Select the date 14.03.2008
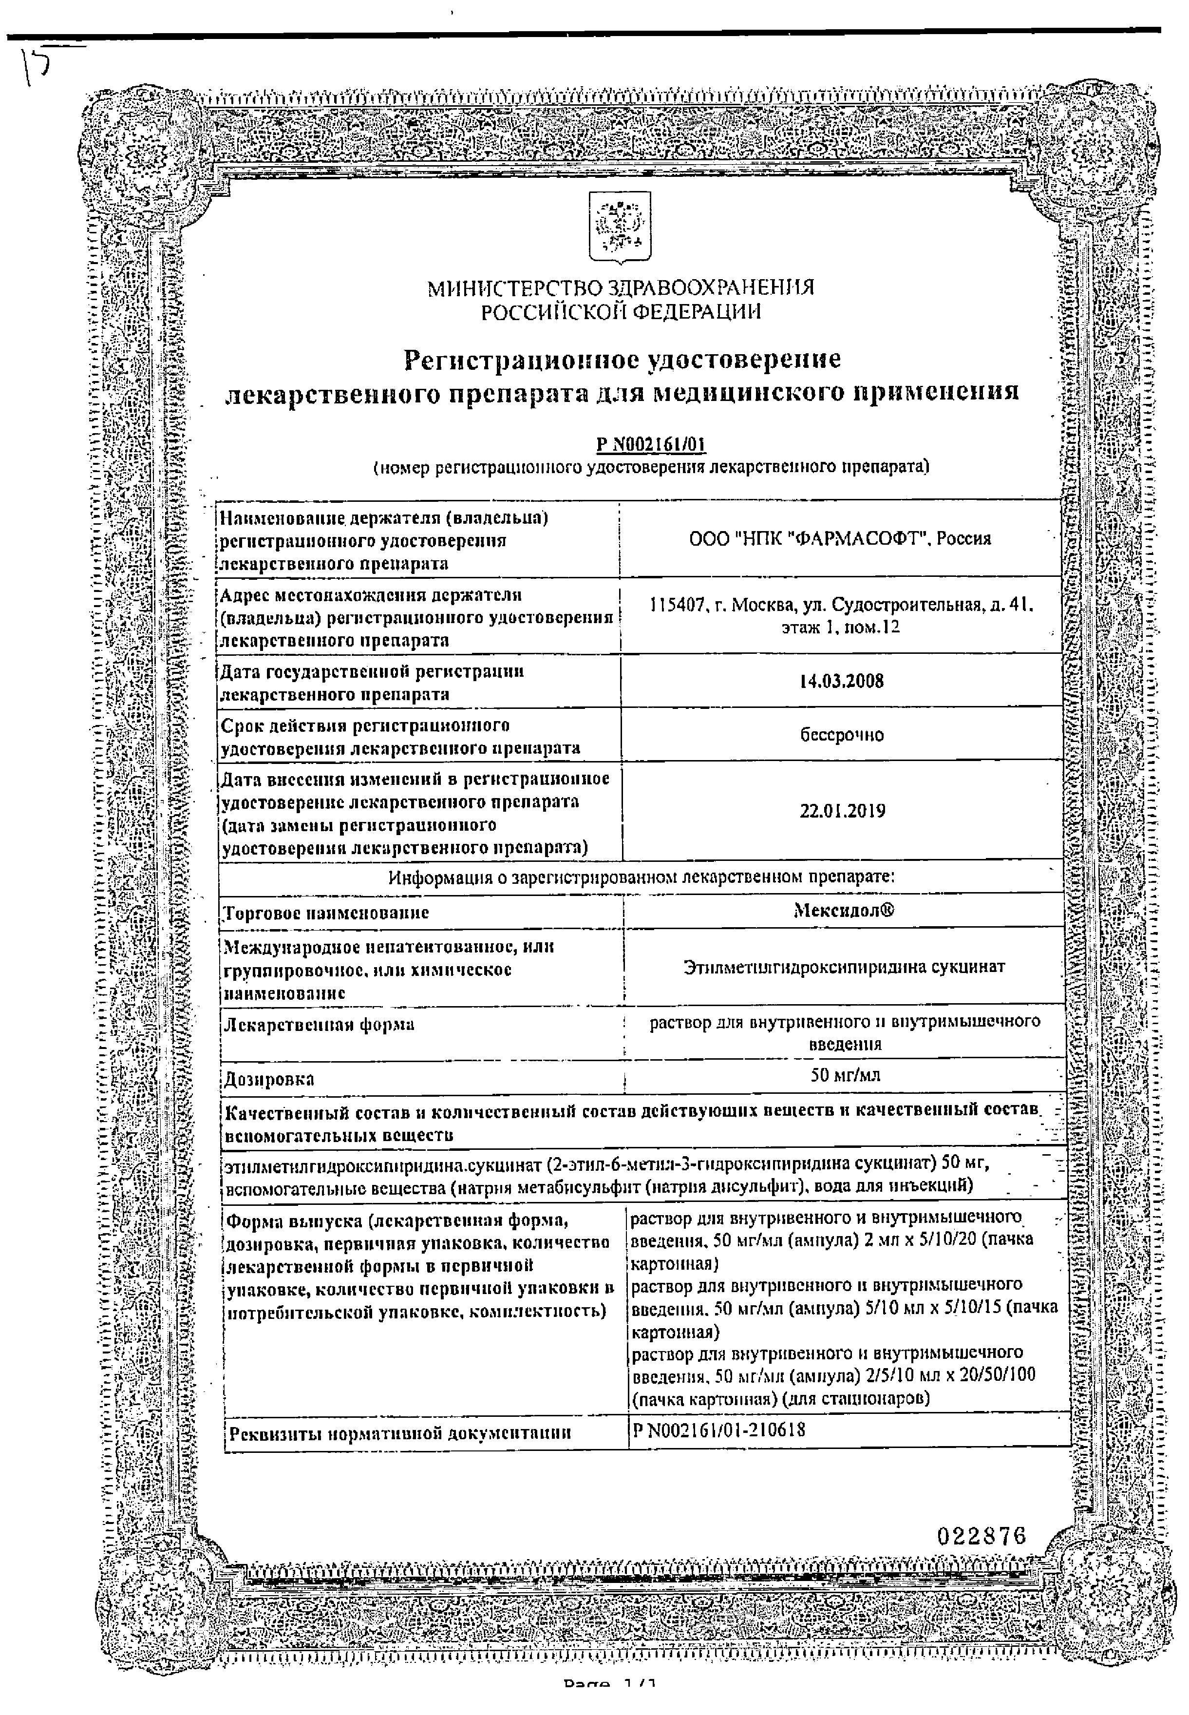[841, 681]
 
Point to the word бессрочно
[842, 735]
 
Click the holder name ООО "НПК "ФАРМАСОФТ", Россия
[840, 539]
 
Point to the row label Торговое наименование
[327, 913]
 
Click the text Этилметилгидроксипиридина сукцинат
[844, 967]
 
